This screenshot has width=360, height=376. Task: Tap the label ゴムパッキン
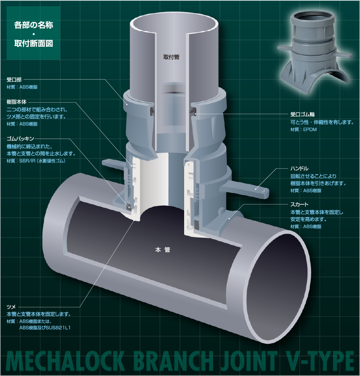click(x=23, y=139)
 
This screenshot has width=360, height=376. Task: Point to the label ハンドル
click(x=299, y=168)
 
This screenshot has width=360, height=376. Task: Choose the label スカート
click(x=299, y=205)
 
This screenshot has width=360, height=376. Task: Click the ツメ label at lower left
click(x=11, y=307)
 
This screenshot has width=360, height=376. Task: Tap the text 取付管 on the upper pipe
click(x=171, y=57)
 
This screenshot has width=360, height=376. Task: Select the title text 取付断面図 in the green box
click(x=34, y=43)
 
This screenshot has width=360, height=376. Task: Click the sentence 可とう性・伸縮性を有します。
click(x=322, y=122)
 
